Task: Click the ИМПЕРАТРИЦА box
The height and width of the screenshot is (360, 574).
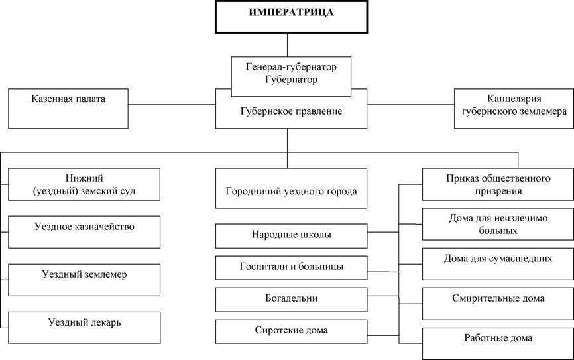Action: pos(291,17)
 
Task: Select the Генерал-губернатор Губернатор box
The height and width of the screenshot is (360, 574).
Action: pos(291,76)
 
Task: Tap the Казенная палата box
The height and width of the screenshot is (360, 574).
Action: pos(68,109)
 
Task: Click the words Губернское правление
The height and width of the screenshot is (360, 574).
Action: pos(291,111)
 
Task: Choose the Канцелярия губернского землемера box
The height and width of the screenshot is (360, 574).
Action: pos(514,109)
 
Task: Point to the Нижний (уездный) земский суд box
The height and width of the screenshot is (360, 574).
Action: pos(84,184)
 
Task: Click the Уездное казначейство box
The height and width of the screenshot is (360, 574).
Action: pos(84,232)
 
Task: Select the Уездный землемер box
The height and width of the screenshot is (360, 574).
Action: pos(84,280)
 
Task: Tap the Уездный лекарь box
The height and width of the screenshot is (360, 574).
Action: pos(84,328)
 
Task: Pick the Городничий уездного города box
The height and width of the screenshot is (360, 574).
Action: pos(291,188)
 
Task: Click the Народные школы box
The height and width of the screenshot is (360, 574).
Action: pos(291,236)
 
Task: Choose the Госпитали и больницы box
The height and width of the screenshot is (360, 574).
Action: pos(291,268)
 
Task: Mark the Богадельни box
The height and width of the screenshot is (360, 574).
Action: pos(291,300)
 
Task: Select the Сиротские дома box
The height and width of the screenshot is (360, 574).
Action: pos(291,331)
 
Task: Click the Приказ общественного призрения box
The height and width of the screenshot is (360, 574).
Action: pos(498,184)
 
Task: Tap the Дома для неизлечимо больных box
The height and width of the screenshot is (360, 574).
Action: pos(498,224)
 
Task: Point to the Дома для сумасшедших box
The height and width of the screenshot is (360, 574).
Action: pos(498,264)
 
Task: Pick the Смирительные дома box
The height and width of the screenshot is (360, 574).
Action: pos(498,304)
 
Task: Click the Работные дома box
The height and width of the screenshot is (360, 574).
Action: pos(498,344)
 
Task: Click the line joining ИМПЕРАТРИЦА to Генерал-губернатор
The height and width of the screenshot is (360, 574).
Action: pos(288,45)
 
